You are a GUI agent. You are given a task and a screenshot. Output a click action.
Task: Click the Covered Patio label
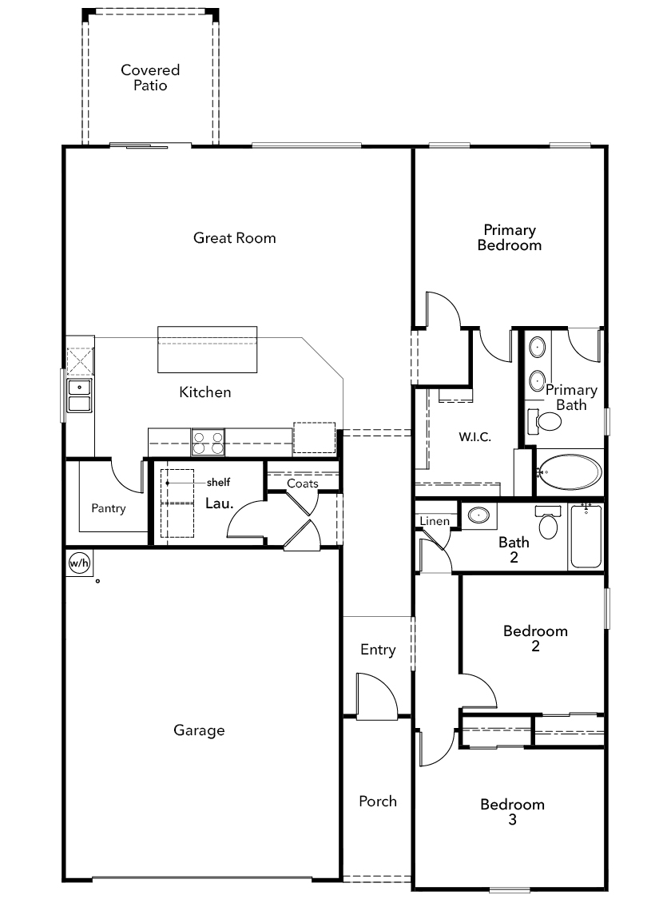[x=150, y=78]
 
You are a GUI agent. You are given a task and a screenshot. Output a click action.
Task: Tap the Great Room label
[x=234, y=238]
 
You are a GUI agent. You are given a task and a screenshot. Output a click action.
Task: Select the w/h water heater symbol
[x=79, y=563]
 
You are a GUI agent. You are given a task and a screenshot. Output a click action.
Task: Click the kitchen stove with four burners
[x=208, y=442]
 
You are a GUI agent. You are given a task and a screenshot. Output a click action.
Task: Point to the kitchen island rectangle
[x=208, y=350]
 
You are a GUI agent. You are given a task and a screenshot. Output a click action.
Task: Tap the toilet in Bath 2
[x=548, y=521]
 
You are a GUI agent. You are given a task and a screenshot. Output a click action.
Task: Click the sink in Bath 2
[x=478, y=515]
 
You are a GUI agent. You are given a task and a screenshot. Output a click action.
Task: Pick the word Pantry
[x=109, y=508]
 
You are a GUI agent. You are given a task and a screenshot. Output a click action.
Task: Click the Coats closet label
[x=303, y=483]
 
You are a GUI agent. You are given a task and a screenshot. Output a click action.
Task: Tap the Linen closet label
[x=435, y=520]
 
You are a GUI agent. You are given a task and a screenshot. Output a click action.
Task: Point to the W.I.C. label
[x=475, y=437]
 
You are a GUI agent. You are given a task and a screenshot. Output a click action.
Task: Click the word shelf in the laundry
[x=218, y=482]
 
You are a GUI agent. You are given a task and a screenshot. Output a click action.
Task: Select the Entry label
[x=378, y=650]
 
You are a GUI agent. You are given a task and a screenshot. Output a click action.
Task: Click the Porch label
[x=378, y=801]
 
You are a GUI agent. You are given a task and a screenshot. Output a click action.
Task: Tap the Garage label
[x=199, y=730]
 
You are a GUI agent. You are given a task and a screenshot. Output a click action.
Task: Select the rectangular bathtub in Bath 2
[x=586, y=536]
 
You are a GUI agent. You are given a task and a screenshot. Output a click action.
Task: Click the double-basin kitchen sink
[x=79, y=396]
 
